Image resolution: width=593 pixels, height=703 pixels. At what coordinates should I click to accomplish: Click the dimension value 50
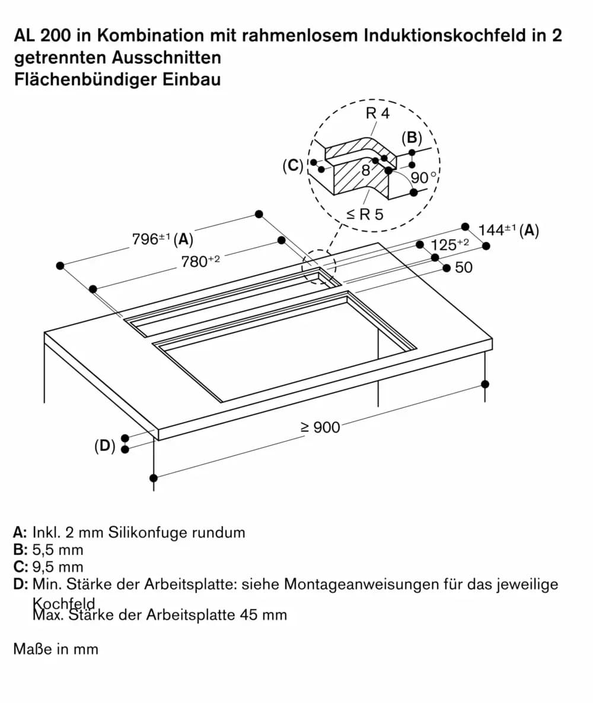pos(464,268)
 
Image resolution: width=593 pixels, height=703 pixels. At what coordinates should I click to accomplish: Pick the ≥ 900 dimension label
pos(320,427)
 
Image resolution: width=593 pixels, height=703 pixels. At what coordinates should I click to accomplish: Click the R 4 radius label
pos(378,113)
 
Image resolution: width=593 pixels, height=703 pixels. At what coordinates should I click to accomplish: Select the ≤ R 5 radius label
pos(365,215)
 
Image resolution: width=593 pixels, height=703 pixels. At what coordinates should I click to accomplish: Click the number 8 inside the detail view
pos(366,170)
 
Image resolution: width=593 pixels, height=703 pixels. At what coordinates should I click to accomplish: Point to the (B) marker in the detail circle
pos(412,138)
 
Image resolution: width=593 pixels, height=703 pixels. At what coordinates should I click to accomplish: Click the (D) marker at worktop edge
pos(105,445)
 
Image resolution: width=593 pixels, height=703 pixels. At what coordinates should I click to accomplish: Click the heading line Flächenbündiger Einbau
pos(117,79)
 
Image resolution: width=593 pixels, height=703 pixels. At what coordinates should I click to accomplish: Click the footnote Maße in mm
pos(56,649)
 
